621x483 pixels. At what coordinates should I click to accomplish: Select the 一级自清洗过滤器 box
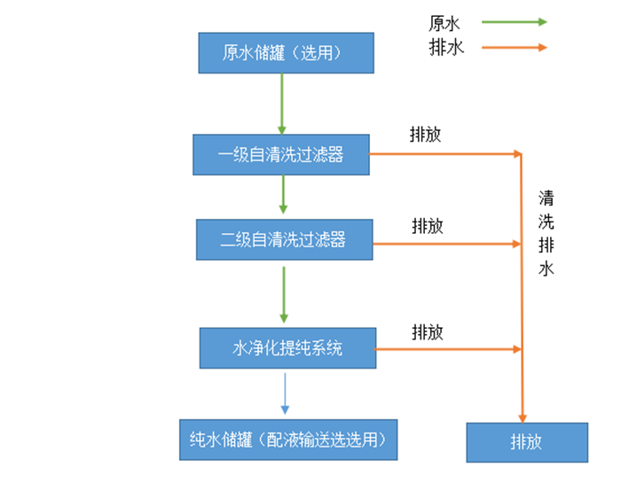(x=280, y=155)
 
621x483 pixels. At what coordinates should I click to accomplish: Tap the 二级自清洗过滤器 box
(x=284, y=239)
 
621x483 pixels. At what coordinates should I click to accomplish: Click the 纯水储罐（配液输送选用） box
(x=288, y=439)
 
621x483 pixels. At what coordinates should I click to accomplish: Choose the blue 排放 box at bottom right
(x=526, y=442)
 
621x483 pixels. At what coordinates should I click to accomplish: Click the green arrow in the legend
(x=515, y=22)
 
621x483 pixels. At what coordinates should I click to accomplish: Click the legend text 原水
(x=446, y=22)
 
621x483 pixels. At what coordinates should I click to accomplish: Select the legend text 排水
(x=446, y=47)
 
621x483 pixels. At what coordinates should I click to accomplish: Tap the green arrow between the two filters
(x=283, y=194)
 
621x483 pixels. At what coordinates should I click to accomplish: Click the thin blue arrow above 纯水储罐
(x=286, y=393)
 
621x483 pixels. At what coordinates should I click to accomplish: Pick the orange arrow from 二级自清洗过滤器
(x=447, y=243)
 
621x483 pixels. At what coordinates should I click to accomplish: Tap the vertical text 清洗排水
(x=546, y=232)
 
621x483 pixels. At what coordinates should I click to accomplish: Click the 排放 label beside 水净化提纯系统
(x=427, y=331)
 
